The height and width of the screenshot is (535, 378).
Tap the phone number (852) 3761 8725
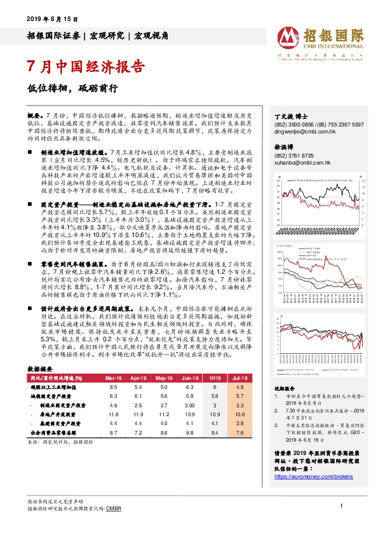coord(295,155)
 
